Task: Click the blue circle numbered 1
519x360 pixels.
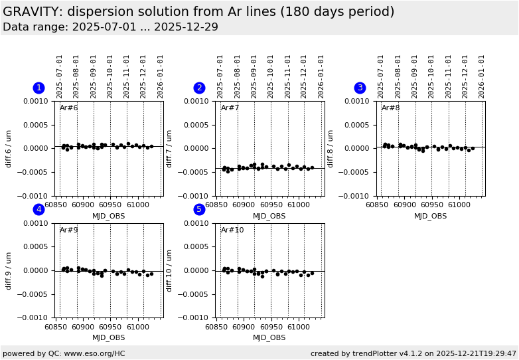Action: pos(38,88)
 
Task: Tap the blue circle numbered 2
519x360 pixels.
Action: pos(199,88)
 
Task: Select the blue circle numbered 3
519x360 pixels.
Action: pos(360,88)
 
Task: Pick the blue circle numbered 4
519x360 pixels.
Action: pos(38,209)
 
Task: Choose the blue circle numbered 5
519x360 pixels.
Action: pos(199,209)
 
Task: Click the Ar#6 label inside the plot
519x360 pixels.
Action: pos(69,108)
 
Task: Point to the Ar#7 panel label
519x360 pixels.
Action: pos(230,108)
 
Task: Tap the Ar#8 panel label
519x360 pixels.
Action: pos(391,108)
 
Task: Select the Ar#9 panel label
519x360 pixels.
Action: pos(69,230)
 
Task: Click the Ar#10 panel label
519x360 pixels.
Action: pos(232,230)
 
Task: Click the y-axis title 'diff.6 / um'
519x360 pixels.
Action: pos(9,148)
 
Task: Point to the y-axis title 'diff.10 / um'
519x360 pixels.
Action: pos(170,270)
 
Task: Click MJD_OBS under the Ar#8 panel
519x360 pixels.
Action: pos(431,216)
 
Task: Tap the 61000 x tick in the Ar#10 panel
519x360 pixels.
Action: pos(298,327)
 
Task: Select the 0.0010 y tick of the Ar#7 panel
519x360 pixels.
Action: pos(200,101)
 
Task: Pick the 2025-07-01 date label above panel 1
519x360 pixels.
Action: pos(60,76)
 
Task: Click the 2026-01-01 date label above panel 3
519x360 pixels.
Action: pos(482,76)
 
